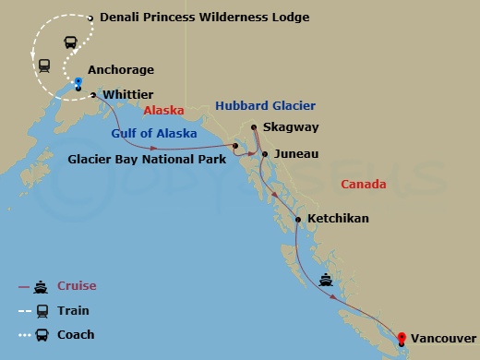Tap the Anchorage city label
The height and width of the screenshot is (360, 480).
pos(121,69)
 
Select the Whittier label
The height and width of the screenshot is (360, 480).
pos(129,94)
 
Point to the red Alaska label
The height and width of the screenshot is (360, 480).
pos(164,110)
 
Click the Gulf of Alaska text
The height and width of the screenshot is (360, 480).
pos(154,133)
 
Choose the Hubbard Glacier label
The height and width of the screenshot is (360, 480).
pos(266,106)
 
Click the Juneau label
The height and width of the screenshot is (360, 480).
pos(295,154)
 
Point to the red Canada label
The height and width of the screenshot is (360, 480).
pos(364,185)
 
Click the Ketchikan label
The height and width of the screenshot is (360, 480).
pos(339,219)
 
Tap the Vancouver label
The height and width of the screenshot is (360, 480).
pos(445,339)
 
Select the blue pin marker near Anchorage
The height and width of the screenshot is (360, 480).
pos(79,83)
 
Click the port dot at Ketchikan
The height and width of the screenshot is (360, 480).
pos(297,219)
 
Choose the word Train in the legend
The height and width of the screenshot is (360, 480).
pos(76,310)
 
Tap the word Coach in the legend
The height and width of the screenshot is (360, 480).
pos(78,334)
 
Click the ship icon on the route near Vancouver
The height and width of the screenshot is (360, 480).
pos(326,278)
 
